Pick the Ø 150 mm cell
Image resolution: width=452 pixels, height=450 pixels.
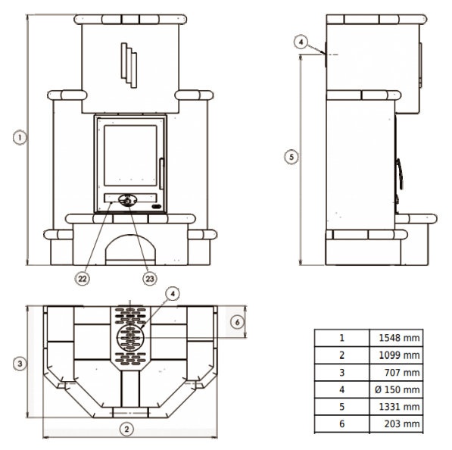point(397,389)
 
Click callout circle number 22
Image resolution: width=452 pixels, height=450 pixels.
point(83,279)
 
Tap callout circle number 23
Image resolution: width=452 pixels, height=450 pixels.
point(150,279)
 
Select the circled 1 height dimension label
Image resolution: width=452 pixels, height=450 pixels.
point(20,137)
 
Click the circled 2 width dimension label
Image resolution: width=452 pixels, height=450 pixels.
point(127,430)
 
